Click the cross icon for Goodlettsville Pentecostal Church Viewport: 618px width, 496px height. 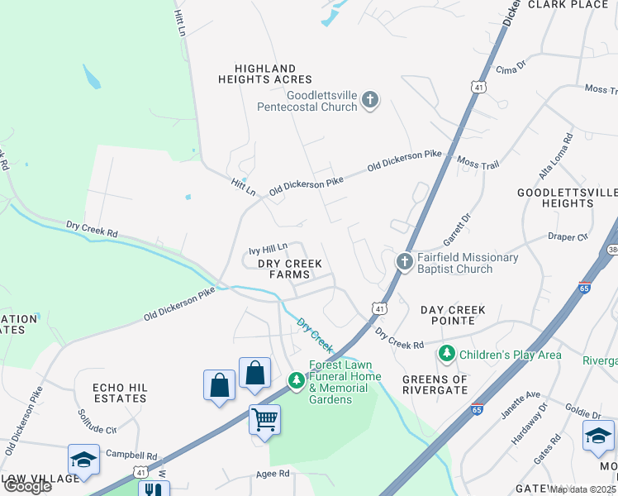pyautogui.click(x=370, y=100)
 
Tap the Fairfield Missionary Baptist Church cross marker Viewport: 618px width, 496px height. pyautogui.click(x=404, y=262)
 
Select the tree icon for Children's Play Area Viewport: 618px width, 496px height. pyautogui.click(x=447, y=355)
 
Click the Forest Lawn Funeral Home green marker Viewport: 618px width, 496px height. pyautogui.click(x=296, y=380)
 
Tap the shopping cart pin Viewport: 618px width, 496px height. pyautogui.click(x=264, y=420)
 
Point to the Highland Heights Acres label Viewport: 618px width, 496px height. pyautogui.click(x=265, y=74)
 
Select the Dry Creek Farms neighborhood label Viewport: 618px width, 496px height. pyautogui.click(x=289, y=269)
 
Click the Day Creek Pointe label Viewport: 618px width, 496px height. pyautogui.click(x=453, y=315)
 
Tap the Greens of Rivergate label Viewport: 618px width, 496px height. pyautogui.click(x=435, y=385)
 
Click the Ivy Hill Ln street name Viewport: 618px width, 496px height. pyautogui.click(x=268, y=247)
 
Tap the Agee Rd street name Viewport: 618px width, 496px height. pyautogui.click(x=273, y=474)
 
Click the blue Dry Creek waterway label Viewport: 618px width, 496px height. pyautogui.click(x=314, y=334)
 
